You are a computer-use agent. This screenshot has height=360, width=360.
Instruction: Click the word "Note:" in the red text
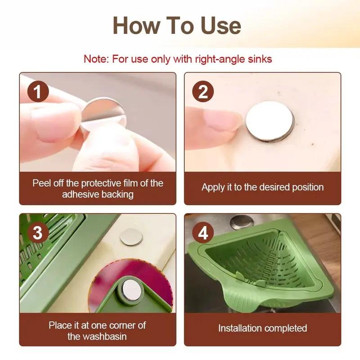click(x=96, y=59)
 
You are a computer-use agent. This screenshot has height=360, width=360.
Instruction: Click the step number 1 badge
click(x=38, y=92)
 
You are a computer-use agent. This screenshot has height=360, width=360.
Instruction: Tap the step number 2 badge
click(x=203, y=92)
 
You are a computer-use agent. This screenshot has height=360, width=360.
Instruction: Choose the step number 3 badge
click(x=38, y=233)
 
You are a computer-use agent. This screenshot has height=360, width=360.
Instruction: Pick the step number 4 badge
click(x=203, y=233)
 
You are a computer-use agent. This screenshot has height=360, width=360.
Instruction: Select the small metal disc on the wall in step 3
click(x=130, y=236)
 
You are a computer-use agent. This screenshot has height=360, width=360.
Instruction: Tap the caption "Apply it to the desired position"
click(x=262, y=187)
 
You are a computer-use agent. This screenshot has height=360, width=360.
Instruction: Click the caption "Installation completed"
click(x=262, y=328)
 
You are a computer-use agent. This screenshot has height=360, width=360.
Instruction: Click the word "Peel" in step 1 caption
click(x=41, y=183)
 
